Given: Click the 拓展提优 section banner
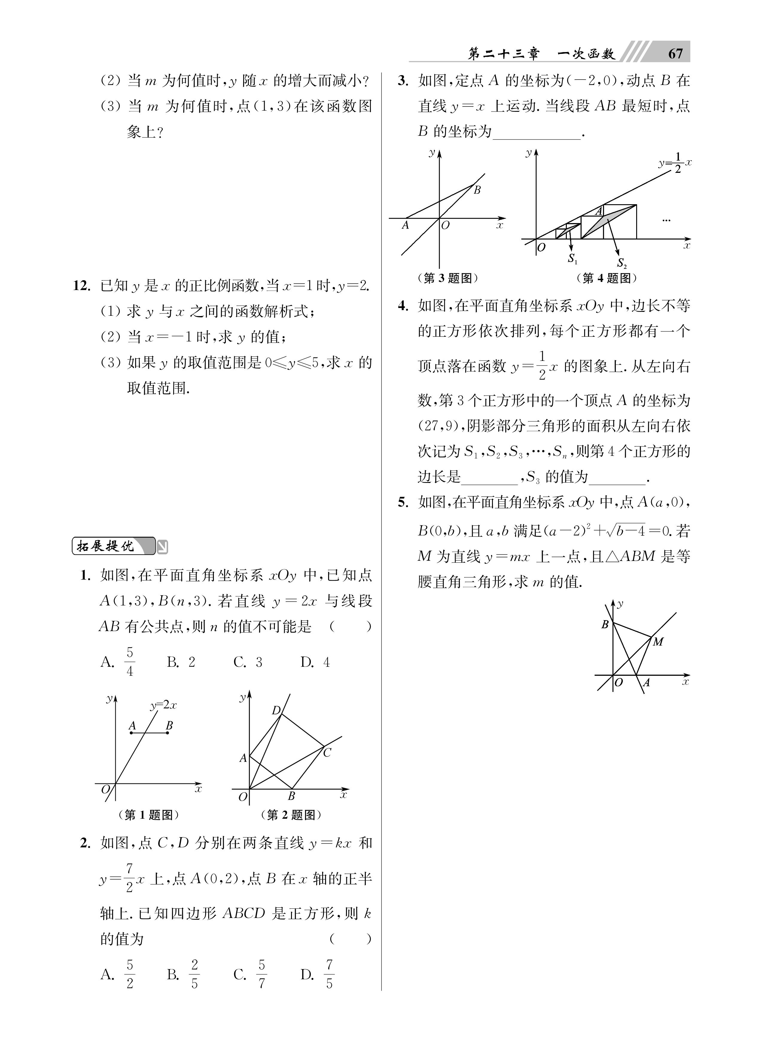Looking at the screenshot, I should (112, 546).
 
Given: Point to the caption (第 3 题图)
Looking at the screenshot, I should (447, 278).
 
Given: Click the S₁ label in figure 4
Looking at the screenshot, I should (572, 258).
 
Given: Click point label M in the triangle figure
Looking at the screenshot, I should (658, 642).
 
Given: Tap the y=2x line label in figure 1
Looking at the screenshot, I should (163, 705).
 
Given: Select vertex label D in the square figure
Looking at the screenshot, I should (276, 710).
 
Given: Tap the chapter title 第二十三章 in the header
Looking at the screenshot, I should (504, 54).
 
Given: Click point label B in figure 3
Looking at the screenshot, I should (477, 190).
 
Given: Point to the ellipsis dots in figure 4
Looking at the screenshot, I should (666, 220).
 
